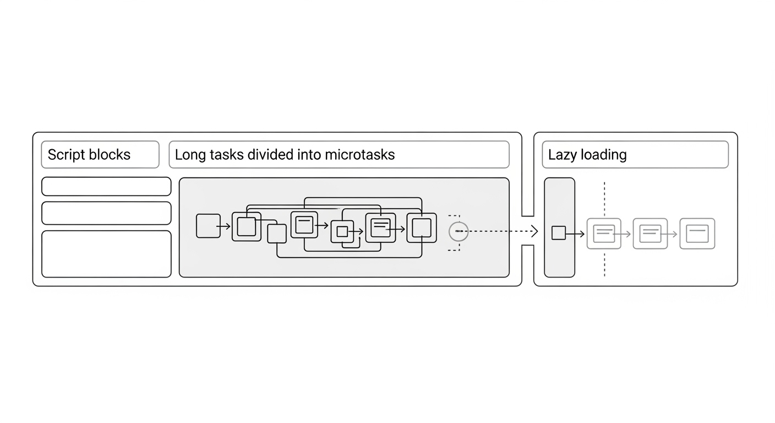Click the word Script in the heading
tap(64, 155)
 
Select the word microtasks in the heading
tap(359, 155)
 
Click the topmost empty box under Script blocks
tap(106, 186)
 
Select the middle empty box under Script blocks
tap(106, 213)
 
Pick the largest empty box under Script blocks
tap(106, 254)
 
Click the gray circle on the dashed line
tap(459, 232)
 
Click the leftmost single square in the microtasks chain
tap(208, 226)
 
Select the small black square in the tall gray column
tap(558, 233)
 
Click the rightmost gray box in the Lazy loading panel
tap(697, 234)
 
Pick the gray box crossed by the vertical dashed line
tap(604, 234)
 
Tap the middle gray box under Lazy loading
tap(650, 234)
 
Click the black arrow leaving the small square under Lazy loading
tap(576, 234)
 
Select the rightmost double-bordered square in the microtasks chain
tap(422, 227)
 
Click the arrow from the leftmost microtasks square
tap(224, 226)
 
